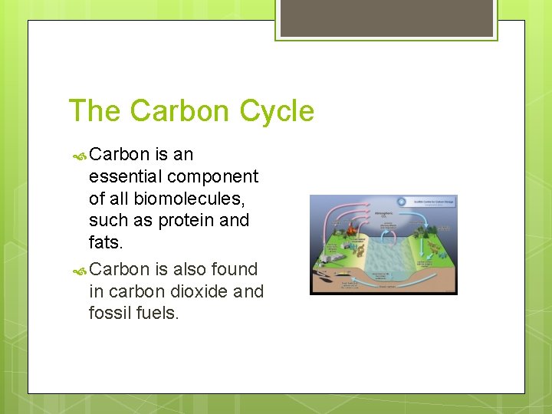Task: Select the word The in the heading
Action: tap(96, 111)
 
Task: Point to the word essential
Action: tap(125, 176)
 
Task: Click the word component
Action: tap(212, 176)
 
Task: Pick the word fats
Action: tap(106, 242)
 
